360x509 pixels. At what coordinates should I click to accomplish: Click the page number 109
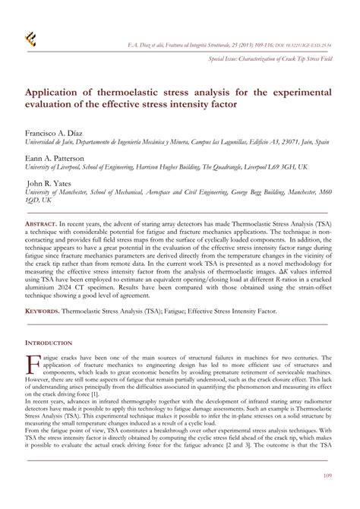pos(327,476)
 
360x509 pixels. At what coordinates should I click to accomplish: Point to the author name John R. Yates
pos(54,184)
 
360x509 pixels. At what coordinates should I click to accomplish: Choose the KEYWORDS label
pos(43,311)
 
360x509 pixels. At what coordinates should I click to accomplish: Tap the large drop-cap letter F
pos(33,363)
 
